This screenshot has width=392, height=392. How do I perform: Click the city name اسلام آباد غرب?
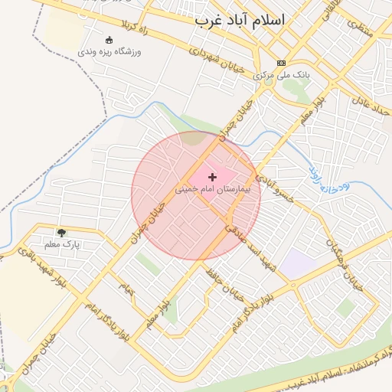(x=238, y=21)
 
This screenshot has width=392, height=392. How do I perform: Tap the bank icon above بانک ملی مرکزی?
(x=282, y=63)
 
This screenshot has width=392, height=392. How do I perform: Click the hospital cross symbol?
(x=212, y=177)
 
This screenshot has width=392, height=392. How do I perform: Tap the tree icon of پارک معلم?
(x=61, y=232)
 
